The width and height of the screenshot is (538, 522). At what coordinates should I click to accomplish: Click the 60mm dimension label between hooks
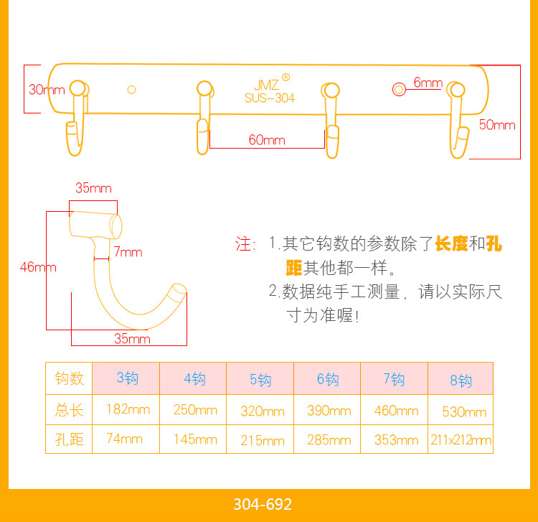point(267,140)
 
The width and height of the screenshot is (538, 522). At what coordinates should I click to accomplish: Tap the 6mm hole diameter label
point(428,83)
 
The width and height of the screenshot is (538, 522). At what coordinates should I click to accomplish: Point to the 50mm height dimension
point(496,125)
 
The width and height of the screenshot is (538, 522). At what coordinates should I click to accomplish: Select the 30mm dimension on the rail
point(46,90)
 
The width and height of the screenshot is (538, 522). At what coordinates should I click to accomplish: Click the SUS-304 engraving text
point(269,98)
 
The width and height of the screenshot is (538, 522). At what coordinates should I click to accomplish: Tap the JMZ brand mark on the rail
point(266,84)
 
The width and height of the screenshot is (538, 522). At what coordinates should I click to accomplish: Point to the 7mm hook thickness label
point(128,252)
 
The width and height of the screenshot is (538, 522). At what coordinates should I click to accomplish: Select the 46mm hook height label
point(37,267)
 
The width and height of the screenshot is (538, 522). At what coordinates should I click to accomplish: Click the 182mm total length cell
point(127,409)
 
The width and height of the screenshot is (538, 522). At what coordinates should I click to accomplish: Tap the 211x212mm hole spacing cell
point(461,439)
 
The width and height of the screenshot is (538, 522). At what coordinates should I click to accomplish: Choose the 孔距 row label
point(70,439)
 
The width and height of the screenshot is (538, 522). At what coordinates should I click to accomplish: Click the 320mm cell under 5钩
point(261,411)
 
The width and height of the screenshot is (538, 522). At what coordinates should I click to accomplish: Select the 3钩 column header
point(127,378)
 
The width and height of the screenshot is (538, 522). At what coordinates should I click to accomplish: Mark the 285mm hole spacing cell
point(329,439)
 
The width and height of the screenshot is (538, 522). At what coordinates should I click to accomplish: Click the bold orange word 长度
point(451,244)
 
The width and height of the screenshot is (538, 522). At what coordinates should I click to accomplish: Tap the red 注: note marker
point(245,244)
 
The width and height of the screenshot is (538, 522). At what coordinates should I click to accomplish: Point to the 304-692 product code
point(263,504)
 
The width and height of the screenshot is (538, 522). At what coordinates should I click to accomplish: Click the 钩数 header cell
point(70,378)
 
